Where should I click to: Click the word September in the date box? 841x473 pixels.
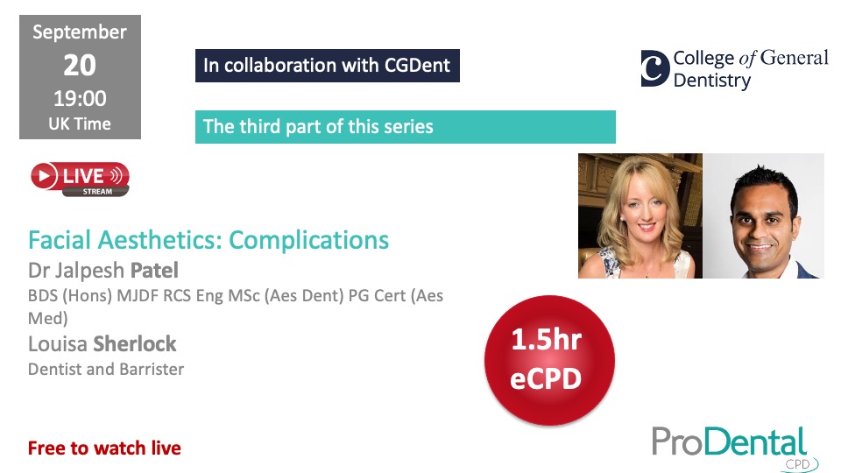point(80,32)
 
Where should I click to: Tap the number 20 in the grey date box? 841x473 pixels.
point(80,66)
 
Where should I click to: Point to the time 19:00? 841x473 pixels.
point(80,99)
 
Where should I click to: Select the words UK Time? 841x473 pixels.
point(80,124)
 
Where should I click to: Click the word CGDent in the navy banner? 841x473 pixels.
point(417,66)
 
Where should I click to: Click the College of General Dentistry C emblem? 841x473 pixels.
point(655,68)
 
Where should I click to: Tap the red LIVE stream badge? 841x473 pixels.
point(80,179)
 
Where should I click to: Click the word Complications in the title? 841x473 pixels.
point(309,241)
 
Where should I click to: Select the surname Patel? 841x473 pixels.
point(154,271)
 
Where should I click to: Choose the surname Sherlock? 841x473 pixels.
point(135,343)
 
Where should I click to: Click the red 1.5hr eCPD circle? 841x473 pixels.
point(549,360)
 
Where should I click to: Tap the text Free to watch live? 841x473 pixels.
point(104,448)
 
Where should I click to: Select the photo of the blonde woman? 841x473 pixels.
point(640,215)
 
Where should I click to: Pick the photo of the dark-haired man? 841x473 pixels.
point(764,215)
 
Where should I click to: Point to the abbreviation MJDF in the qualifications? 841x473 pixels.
point(138,295)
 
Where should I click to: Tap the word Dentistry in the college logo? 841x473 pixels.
point(712,81)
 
